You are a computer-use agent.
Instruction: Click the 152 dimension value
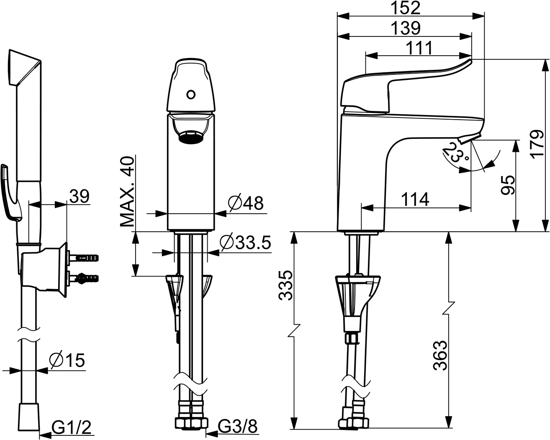[x=405, y=8]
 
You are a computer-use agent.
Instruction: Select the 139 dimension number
[x=405, y=28]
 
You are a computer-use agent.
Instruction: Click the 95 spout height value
[x=507, y=186]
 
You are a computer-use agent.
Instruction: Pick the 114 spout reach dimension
[x=415, y=200]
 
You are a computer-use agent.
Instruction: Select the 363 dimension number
[x=440, y=356]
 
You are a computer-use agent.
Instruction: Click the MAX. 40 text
[x=127, y=191]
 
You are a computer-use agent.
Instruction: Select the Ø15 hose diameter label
[x=67, y=359]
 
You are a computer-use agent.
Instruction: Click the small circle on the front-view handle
[x=190, y=95]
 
